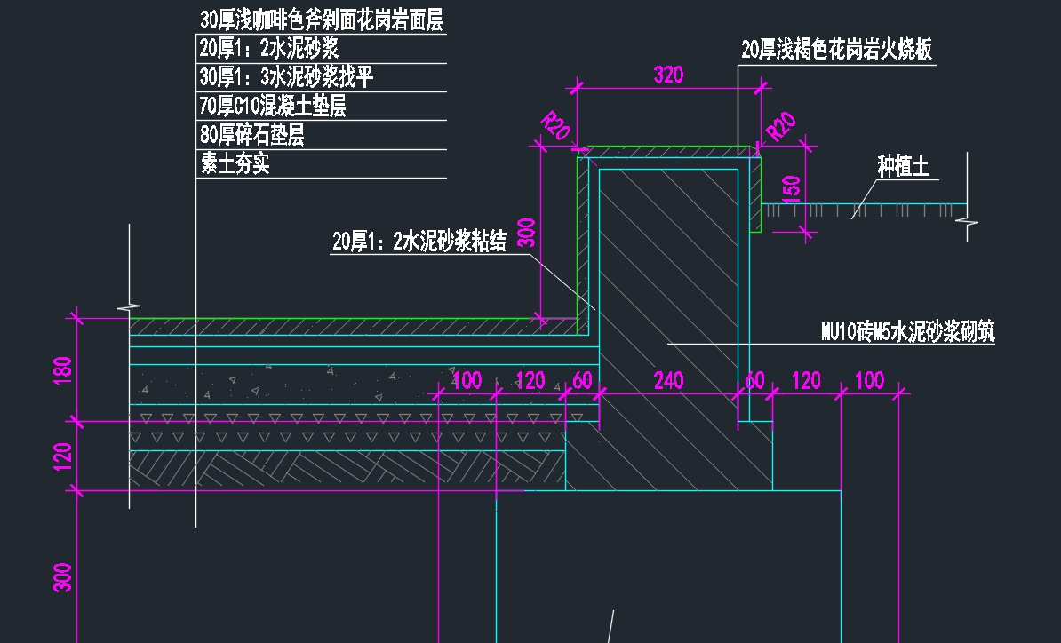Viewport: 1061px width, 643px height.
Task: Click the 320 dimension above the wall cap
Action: [668, 75]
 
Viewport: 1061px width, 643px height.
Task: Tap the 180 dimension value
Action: [62, 368]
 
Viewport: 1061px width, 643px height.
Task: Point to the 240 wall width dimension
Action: [668, 381]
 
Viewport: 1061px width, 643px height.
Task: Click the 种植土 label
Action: [902, 166]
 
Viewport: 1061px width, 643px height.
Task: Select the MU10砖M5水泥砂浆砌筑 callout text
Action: [907, 332]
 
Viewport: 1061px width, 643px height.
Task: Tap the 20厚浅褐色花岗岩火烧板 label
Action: [836, 50]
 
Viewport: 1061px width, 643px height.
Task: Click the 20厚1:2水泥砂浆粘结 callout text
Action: [419, 241]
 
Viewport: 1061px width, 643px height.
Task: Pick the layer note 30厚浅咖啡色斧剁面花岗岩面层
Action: [321, 20]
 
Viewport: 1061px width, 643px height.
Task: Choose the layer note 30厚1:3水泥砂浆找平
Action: [285, 77]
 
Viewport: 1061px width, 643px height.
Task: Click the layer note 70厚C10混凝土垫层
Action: [272, 107]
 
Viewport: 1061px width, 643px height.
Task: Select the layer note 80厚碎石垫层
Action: [251, 135]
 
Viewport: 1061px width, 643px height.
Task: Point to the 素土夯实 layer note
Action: [235, 163]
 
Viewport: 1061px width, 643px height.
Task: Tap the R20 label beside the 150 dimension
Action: [780, 127]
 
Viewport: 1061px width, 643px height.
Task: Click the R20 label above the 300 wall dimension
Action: [555, 126]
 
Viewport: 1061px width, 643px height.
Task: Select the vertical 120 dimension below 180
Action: [62, 456]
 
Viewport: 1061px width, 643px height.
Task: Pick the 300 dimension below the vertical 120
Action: [62, 578]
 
